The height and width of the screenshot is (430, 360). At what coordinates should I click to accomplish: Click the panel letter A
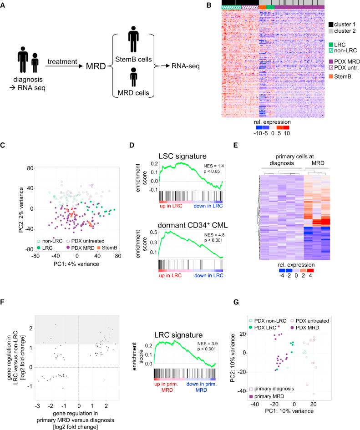pos(4,5)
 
